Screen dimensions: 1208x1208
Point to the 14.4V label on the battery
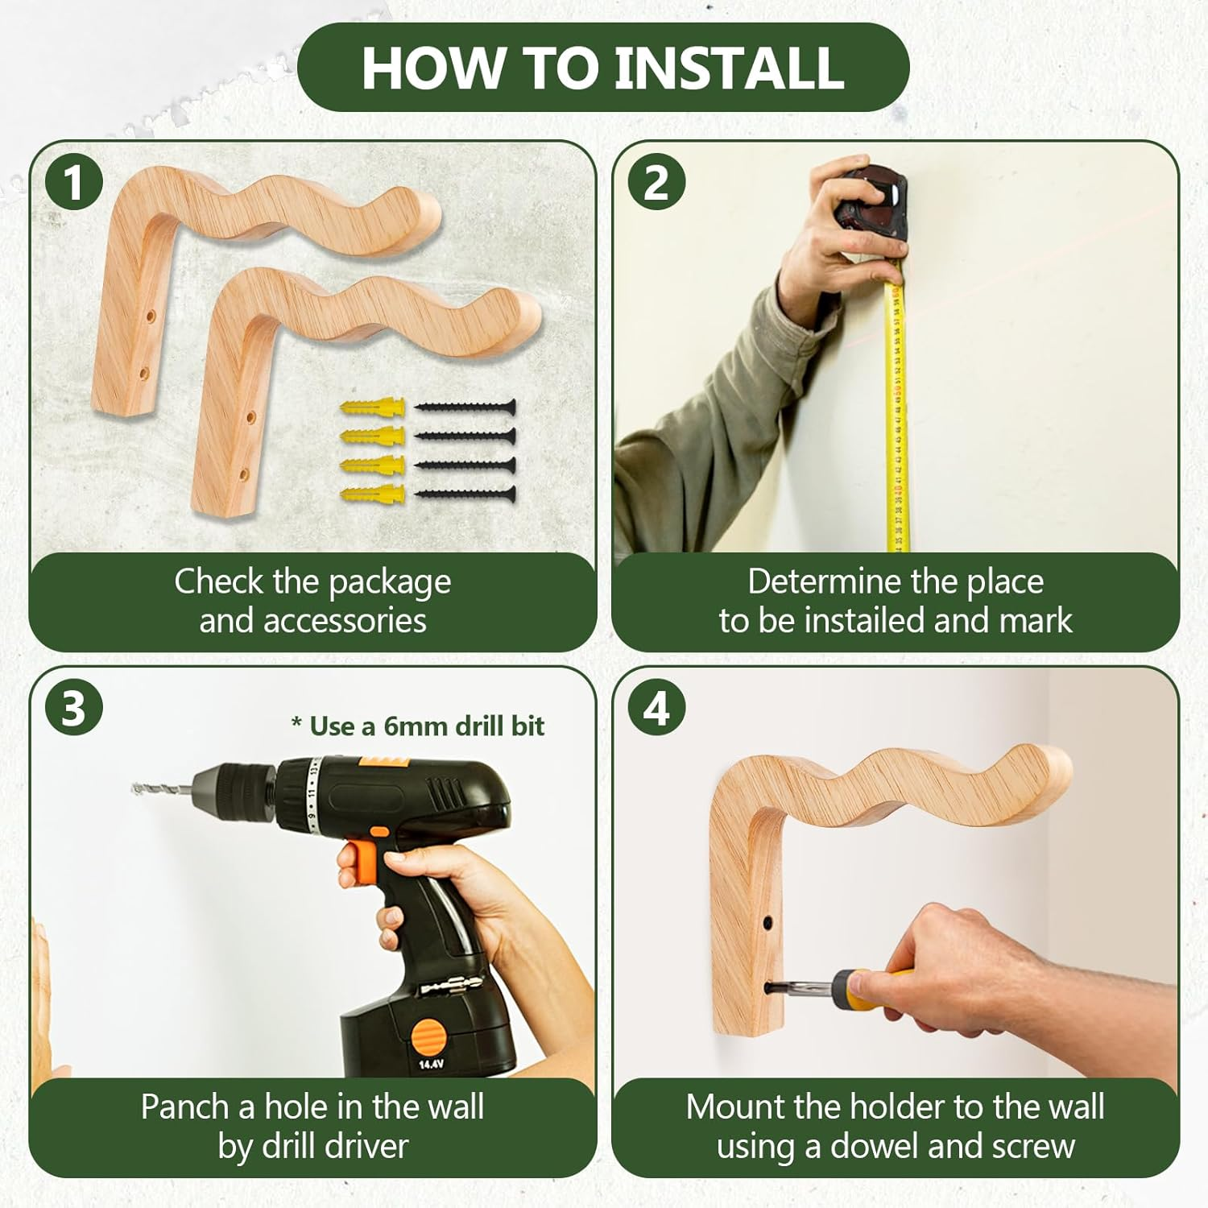click(x=431, y=1064)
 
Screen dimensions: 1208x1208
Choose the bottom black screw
click(x=465, y=493)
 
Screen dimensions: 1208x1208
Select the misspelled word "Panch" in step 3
click(x=185, y=1107)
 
